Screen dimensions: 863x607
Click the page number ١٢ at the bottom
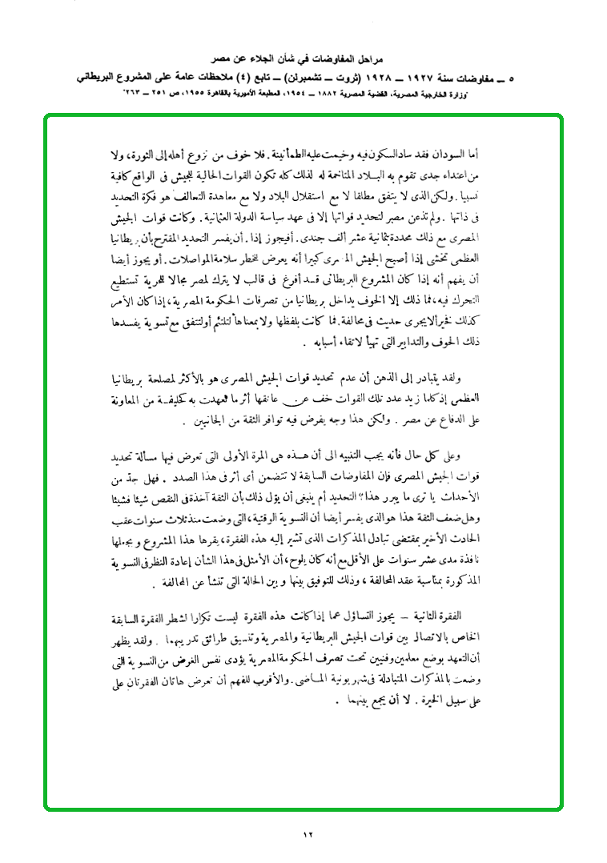(x=308, y=835)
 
